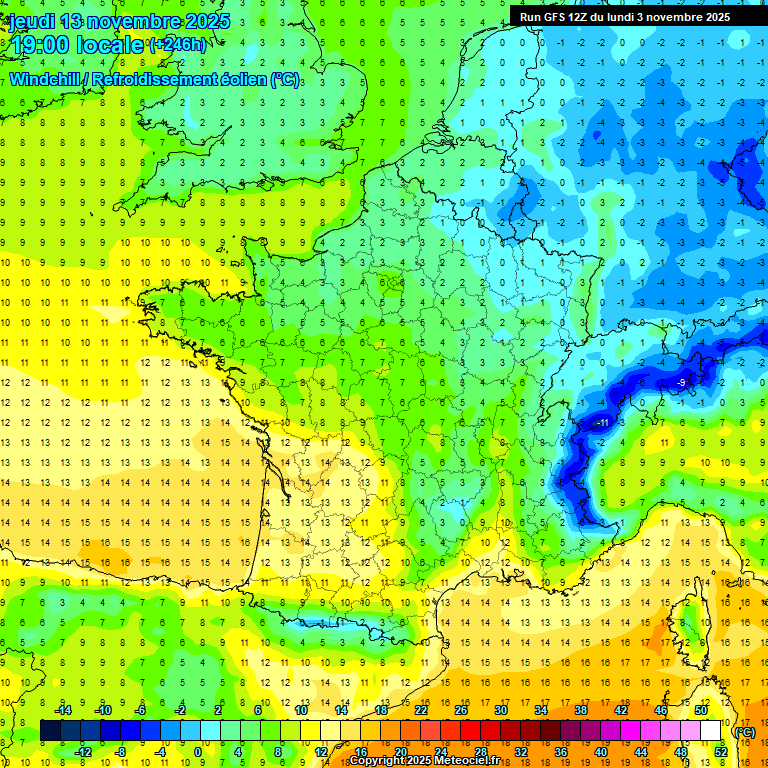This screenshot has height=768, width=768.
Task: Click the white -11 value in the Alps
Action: (603, 423)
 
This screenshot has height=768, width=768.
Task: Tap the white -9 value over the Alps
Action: (681, 382)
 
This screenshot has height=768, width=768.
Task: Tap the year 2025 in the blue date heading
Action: (207, 21)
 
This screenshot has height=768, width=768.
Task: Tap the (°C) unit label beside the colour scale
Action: (744, 732)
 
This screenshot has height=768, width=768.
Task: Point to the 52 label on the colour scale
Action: (720, 752)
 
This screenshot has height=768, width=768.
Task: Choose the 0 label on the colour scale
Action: (198, 752)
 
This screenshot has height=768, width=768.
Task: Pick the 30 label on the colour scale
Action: (499, 710)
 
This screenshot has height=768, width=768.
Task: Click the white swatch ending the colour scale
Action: (710, 731)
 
